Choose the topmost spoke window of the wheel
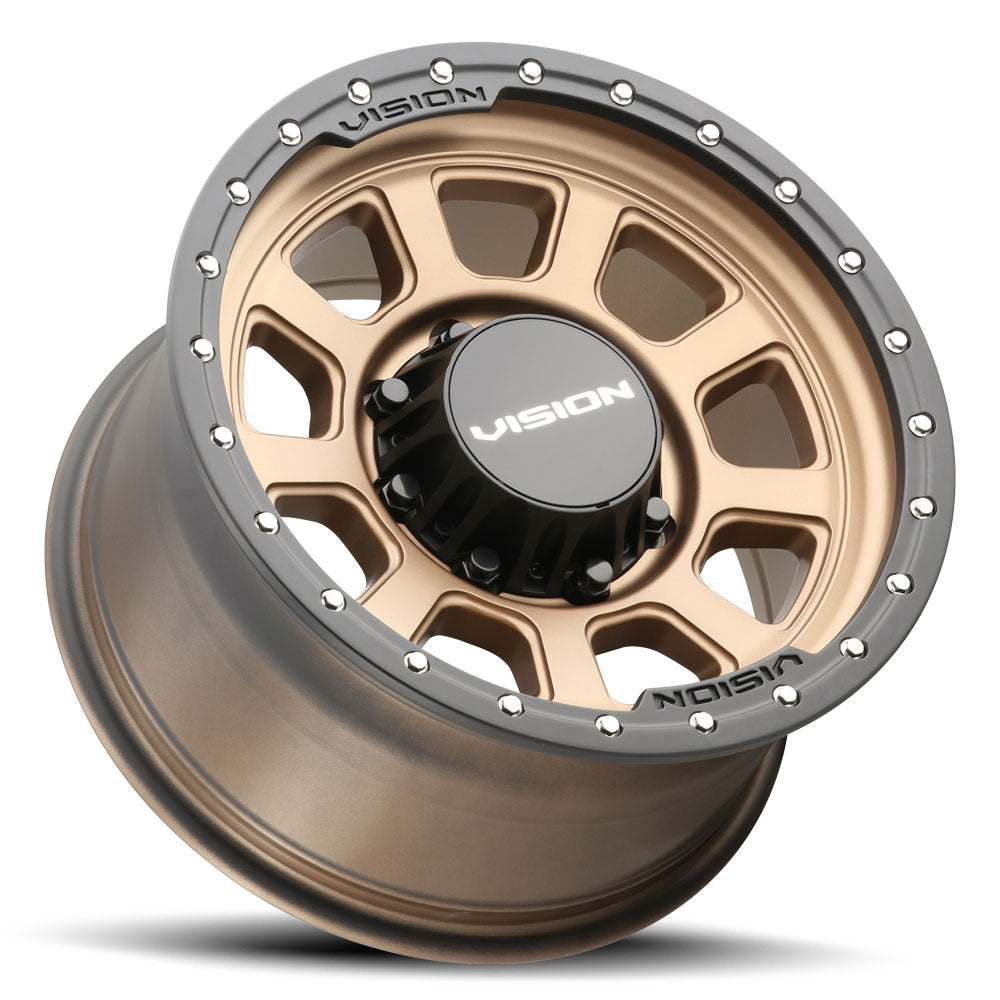pyautogui.click(x=497, y=222)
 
